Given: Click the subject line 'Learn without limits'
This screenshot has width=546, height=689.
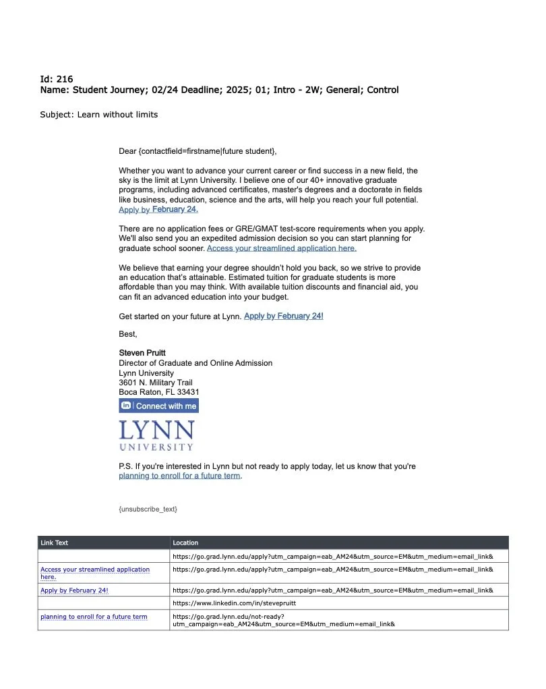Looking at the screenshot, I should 98,115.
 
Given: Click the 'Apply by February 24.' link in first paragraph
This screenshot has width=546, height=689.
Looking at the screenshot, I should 158,210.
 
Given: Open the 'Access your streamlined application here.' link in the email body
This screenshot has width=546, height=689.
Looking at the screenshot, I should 281,248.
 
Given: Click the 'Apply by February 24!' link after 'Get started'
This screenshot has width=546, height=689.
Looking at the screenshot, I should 283,316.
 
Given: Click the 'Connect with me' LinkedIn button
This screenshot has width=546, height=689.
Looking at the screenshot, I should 166,406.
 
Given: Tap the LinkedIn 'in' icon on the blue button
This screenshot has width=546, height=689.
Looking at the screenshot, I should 126,406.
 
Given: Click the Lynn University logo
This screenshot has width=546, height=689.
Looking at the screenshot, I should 156,435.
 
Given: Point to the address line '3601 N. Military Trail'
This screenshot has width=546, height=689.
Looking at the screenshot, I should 155,383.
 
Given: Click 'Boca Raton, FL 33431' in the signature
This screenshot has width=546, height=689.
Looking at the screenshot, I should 158,392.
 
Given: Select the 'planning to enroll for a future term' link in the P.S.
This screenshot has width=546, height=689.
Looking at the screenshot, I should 179,476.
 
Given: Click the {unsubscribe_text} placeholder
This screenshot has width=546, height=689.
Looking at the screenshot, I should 148,509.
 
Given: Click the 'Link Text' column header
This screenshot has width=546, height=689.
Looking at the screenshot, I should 55,543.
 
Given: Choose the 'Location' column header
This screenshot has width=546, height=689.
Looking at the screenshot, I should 185,543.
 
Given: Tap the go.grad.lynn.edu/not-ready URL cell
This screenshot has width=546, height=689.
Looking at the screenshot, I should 283,619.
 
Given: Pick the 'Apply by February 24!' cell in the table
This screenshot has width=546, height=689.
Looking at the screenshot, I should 74,590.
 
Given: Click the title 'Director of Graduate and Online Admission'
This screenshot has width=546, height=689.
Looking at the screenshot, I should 195,363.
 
